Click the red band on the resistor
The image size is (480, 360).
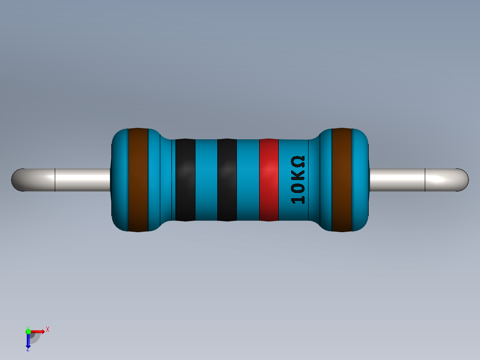[x=268, y=180]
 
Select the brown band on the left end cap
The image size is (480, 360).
[x=138, y=180]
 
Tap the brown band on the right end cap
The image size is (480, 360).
[x=342, y=180]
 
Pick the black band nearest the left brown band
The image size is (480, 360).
[x=185, y=180]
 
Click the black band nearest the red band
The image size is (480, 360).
[x=227, y=180]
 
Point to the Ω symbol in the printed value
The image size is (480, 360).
[x=298, y=161]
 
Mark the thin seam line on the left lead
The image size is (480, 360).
[x=55, y=180]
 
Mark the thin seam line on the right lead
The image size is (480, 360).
[x=425, y=180]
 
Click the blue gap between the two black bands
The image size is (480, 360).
[x=206, y=180]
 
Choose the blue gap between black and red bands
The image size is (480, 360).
[x=248, y=180]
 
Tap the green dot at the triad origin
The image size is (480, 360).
[x=28, y=331]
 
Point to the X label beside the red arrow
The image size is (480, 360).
[x=47, y=329]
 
